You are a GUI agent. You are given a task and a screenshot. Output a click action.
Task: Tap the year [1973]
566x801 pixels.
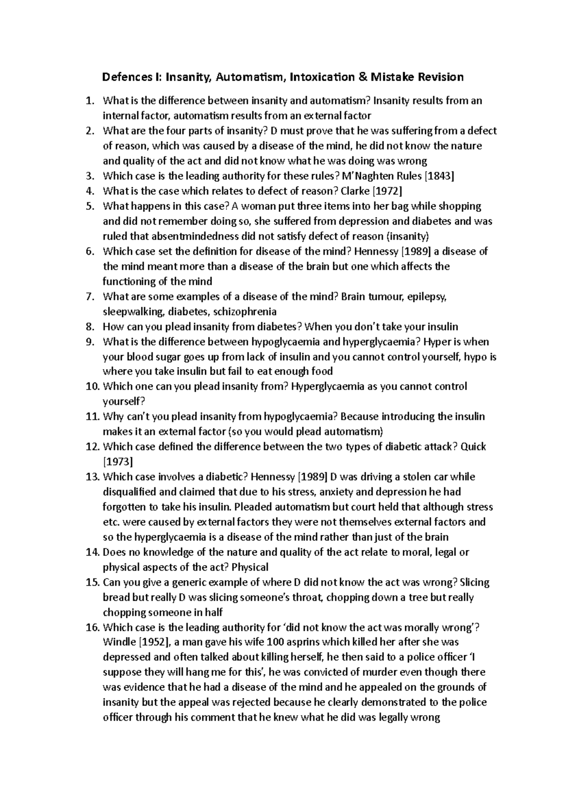click(x=118, y=462)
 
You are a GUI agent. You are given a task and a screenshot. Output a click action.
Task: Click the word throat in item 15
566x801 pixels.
click(x=310, y=598)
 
